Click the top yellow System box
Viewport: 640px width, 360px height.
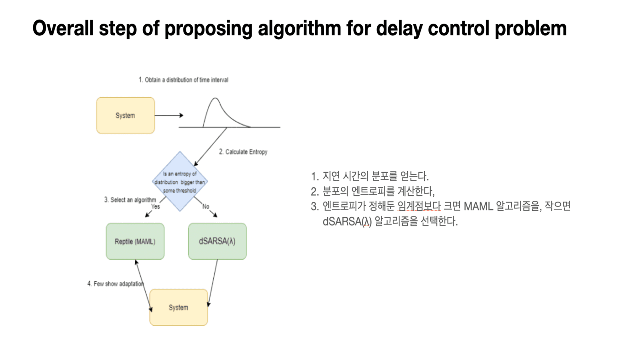click(x=125, y=115)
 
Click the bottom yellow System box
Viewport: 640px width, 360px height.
click(x=178, y=307)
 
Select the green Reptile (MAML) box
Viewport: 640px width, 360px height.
click(x=135, y=241)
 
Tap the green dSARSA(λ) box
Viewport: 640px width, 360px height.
click(x=217, y=241)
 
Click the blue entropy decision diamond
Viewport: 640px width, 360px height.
click(x=180, y=182)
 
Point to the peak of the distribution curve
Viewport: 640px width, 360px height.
click(x=215, y=98)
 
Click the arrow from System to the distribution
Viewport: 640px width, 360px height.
click(x=168, y=115)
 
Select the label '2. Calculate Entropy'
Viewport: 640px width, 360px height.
click(x=243, y=152)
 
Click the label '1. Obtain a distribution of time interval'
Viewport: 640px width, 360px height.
click(x=183, y=80)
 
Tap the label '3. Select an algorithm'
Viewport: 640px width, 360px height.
click(x=130, y=200)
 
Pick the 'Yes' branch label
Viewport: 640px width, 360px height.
click(x=155, y=206)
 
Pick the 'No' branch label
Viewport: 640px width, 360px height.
click(x=206, y=206)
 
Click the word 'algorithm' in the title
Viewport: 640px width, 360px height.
click(x=299, y=28)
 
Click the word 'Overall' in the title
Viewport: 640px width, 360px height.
click(x=63, y=28)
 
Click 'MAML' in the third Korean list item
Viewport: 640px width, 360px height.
click(x=478, y=206)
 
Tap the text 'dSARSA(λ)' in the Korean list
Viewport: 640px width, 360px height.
click(x=347, y=221)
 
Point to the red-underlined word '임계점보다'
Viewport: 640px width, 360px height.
click(x=419, y=206)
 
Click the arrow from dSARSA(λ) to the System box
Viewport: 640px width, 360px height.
click(x=213, y=282)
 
